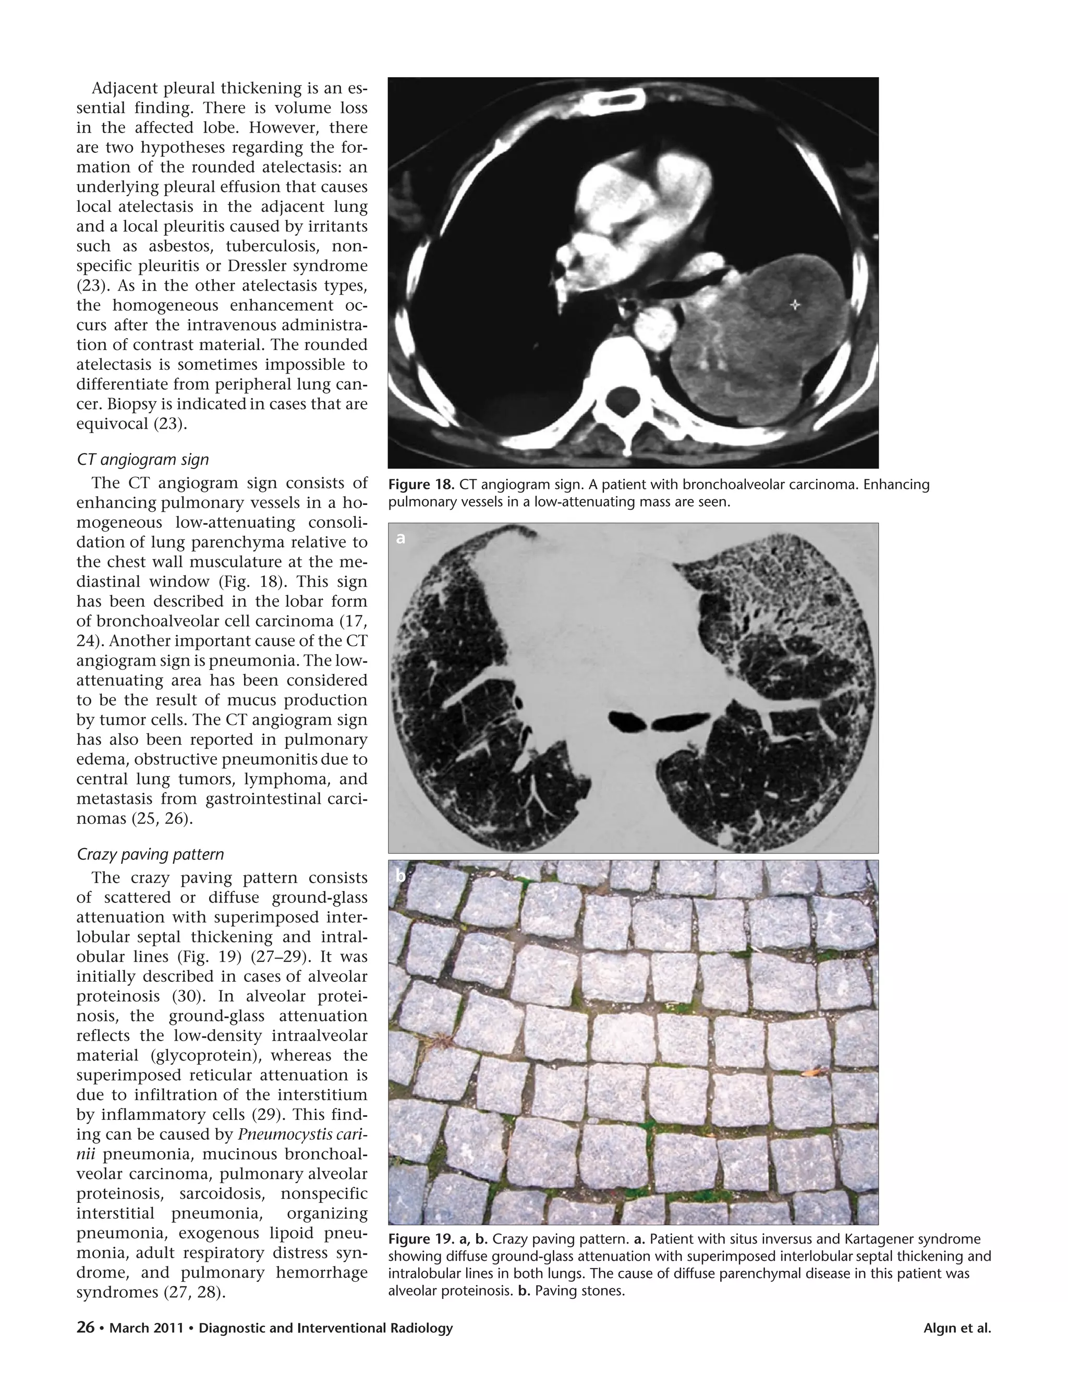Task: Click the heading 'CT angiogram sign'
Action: coord(142,460)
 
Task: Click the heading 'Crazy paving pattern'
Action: coord(150,854)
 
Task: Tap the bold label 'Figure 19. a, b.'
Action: coord(438,1239)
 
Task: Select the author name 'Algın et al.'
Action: coord(957,1329)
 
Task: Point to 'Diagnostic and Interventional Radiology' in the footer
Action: coord(325,1329)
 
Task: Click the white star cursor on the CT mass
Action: coord(795,305)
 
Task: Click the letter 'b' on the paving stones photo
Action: coord(400,876)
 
